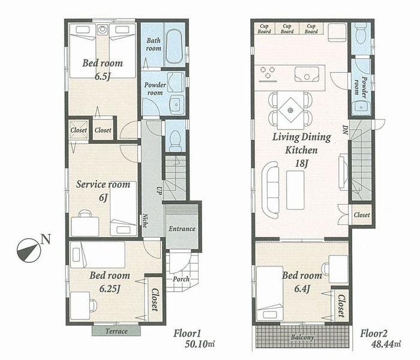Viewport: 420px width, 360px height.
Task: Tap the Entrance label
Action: point(182,229)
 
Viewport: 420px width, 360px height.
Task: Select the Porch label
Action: point(181,278)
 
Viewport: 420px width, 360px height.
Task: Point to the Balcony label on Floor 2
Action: point(303,337)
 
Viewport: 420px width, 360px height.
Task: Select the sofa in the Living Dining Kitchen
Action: point(271,190)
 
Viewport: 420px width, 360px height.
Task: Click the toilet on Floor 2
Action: point(361,35)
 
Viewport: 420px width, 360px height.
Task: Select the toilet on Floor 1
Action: point(175,140)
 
